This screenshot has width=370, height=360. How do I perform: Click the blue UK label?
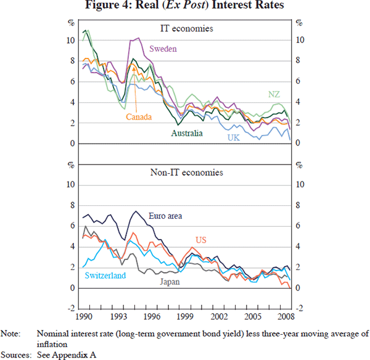(232, 137)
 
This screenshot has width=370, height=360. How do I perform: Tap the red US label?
(200, 240)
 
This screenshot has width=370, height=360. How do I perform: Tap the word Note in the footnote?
(10, 333)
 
